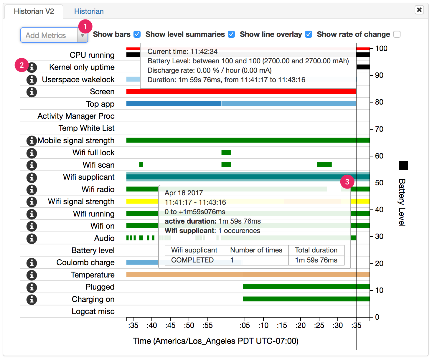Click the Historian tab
[x=89, y=11]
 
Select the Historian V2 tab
[x=34, y=11]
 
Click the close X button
[x=419, y=10]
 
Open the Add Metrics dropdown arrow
[x=83, y=36]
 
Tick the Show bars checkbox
[x=137, y=34]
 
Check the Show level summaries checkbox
[x=232, y=34]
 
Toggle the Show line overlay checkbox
[x=309, y=34]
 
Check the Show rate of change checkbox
[x=397, y=34]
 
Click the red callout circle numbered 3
[x=347, y=182]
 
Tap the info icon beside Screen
[x=32, y=92]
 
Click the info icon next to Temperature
[x=32, y=275]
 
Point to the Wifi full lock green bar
[x=226, y=152]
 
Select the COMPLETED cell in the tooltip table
[x=192, y=260]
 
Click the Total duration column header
[x=316, y=250]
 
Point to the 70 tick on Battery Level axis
[x=379, y=129]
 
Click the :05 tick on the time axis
[x=245, y=325]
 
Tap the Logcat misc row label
[x=93, y=311]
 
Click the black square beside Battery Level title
[x=404, y=165]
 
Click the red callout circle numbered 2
[x=22, y=65]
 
